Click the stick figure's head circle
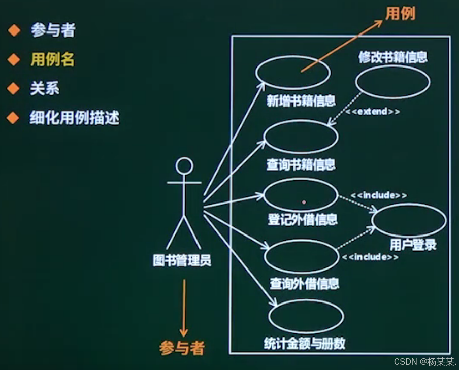(x=184, y=166)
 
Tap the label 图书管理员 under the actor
(x=182, y=261)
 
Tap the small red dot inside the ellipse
(x=304, y=202)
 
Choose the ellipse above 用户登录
(x=409, y=220)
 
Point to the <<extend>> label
(x=373, y=111)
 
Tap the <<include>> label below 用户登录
(x=370, y=257)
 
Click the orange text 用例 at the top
(x=400, y=14)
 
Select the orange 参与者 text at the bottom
(x=182, y=348)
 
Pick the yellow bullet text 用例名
(x=52, y=60)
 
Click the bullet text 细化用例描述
(x=75, y=118)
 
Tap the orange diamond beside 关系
(x=13, y=89)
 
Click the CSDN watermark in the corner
(x=424, y=362)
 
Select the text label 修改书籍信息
(x=393, y=57)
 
